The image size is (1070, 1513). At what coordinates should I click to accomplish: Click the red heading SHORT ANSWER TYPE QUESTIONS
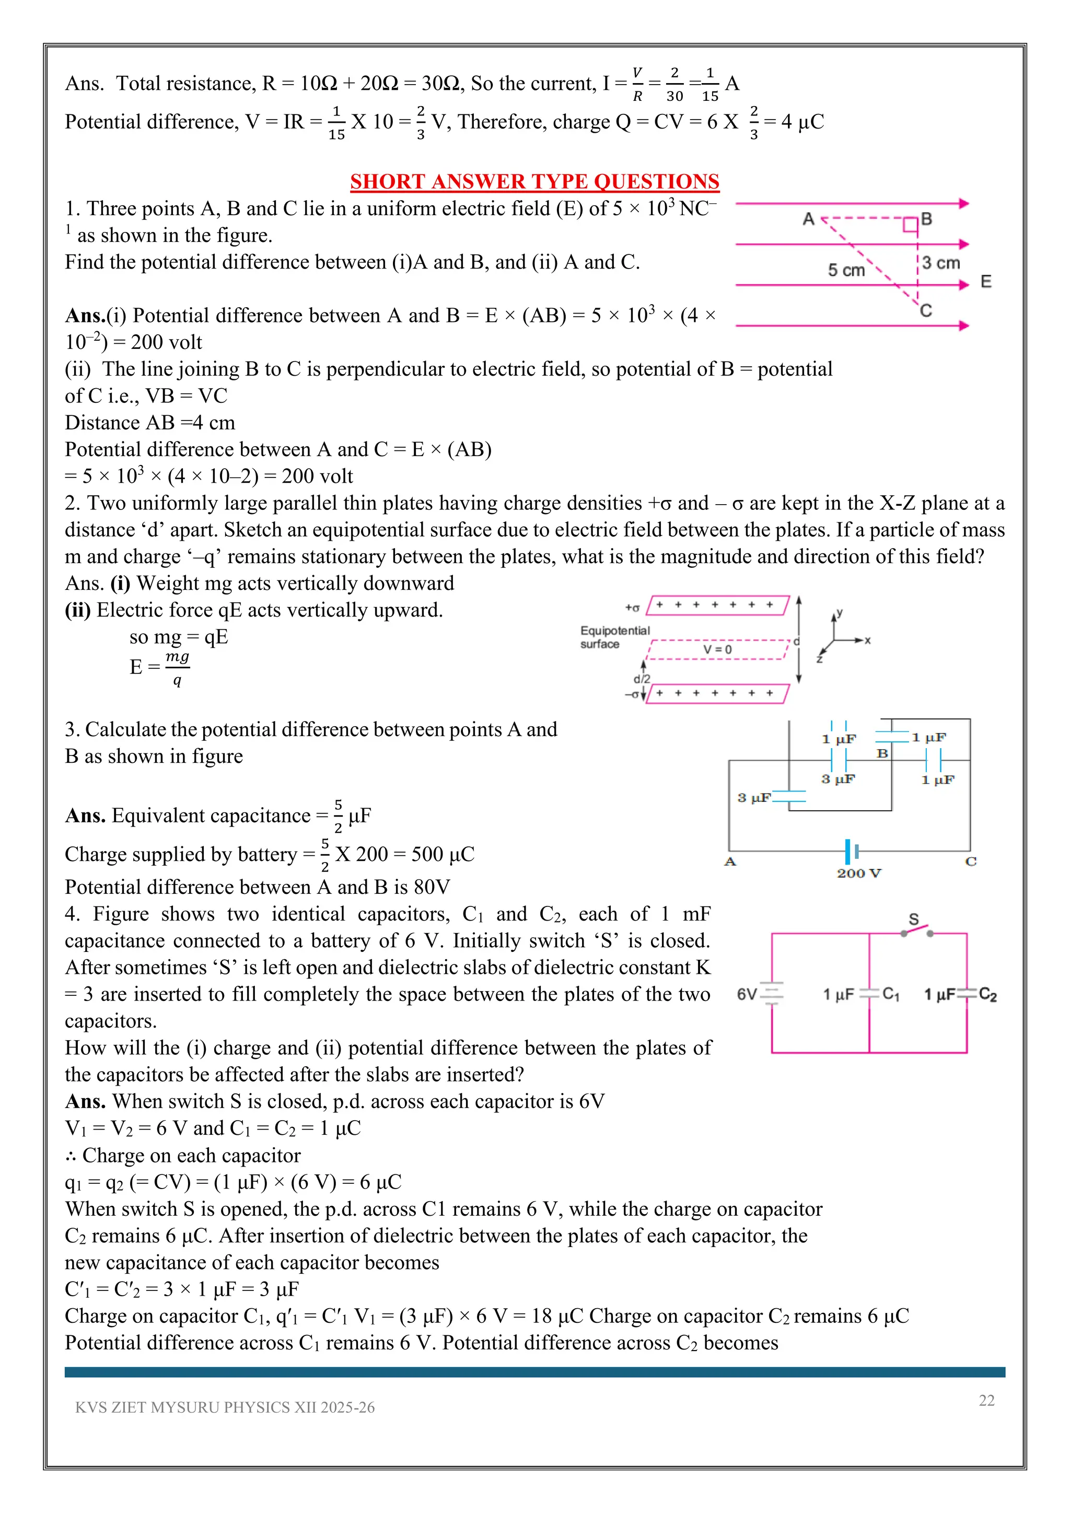[x=534, y=181]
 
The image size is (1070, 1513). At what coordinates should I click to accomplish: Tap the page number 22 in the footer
[x=986, y=1400]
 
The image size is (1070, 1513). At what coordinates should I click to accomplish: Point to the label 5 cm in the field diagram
[x=846, y=270]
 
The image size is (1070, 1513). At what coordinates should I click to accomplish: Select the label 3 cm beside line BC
[x=941, y=263]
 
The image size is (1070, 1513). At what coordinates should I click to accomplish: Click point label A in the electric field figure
[x=808, y=219]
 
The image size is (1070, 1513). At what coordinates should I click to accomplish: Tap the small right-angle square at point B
[x=910, y=225]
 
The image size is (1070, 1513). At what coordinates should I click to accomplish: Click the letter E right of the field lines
[x=986, y=282]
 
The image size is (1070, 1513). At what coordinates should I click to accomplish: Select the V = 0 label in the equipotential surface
[x=717, y=649]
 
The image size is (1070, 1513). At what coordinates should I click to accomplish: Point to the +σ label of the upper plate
[x=632, y=608]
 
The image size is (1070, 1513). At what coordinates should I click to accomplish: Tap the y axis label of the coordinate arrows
[x=840, y=613]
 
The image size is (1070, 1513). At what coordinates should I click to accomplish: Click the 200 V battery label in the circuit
[x=858, y=873]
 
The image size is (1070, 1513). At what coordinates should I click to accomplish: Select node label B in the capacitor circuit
[x=882, y=753]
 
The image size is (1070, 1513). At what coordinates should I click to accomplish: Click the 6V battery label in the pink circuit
[x=747, y=994]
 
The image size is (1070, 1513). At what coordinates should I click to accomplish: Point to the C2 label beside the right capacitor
[x=987, y=994]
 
